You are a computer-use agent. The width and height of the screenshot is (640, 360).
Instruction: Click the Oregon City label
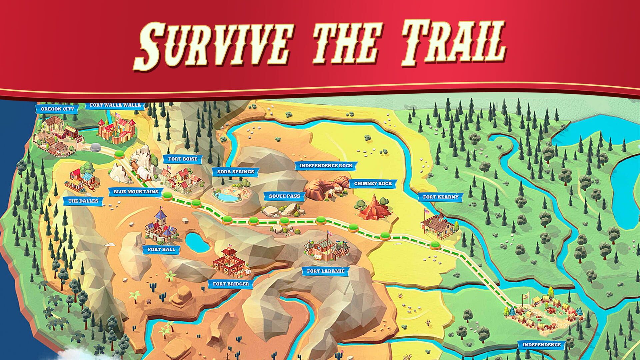coord(57,109)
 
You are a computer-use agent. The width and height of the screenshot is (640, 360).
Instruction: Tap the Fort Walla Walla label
coord(115,105)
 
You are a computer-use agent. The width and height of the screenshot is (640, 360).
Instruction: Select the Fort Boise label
coord(183,159)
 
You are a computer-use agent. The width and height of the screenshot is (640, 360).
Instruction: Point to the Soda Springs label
coord(235,172)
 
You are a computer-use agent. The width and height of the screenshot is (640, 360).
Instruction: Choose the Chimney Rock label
coord(373,184)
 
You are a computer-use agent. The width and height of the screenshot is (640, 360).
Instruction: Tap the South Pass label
coord(284,196)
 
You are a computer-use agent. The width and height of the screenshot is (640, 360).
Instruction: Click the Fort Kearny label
coord(440,197)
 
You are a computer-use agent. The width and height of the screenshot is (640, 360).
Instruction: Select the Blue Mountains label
coord(136,192)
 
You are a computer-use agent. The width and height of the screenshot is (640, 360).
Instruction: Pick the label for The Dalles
coord(83,201)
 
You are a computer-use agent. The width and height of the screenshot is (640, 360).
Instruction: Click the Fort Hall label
coord(161,249)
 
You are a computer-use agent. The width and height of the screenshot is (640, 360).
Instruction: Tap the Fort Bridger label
coord(231,284)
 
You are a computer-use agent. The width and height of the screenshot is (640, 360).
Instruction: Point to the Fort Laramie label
coord(325,271)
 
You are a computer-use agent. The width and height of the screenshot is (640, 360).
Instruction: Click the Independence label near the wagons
coord(541,345)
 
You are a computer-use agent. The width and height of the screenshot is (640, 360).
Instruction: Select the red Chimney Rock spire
coord(373,208)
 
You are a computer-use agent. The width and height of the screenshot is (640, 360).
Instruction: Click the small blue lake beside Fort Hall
coord(197,242)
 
